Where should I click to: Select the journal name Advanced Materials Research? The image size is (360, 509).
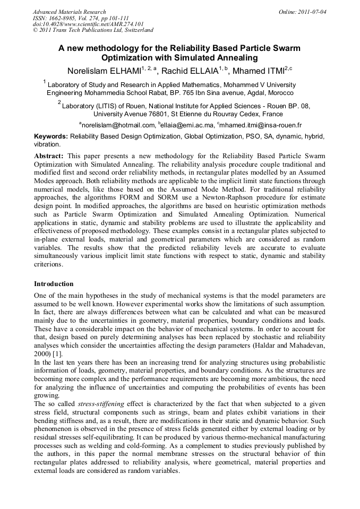69,12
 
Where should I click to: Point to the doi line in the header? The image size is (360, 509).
88,24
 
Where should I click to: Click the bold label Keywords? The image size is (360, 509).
51,136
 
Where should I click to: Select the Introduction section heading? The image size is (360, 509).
54,284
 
